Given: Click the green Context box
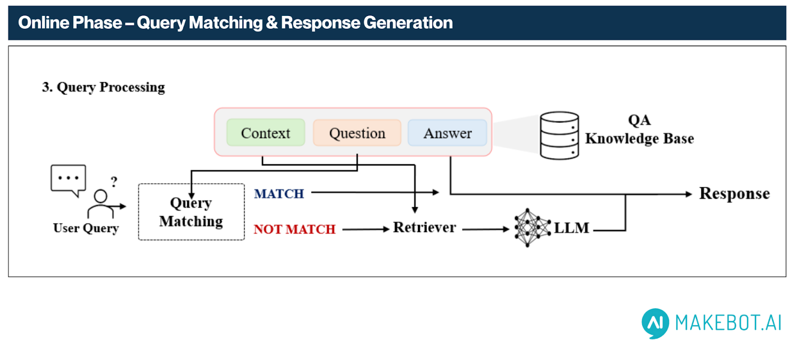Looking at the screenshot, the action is click(x=266, y=132).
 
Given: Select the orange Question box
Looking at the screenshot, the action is click(x=357, y=132).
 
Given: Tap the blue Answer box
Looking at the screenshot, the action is click(x=447, y=132).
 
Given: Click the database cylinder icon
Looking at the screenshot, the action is click(x=559, y=135).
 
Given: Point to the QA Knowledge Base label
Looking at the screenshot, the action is click(x=640, y=129).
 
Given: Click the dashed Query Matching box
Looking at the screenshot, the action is click(x=191, y=212).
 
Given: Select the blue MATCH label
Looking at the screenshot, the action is click(x=279, y=194).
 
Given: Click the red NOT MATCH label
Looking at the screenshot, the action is click(x=294, y=229).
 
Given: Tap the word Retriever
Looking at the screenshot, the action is click(x=424, y=228).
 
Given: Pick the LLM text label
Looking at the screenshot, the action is click(x=572, y=228).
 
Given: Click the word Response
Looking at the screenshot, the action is click(x=734, y=193).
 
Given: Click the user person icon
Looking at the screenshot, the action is click(x=101, y=204).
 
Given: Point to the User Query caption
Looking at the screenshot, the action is click(x=86, y=228).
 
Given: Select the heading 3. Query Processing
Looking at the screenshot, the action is click(x=104, y=87).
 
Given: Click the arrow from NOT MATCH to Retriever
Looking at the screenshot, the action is click(x=366, y=230).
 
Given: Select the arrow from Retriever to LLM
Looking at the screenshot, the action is click(x=486, y=230).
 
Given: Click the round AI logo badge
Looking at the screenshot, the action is click(x=656, y=323).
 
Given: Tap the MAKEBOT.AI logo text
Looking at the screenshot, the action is click(x=728, y=323).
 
